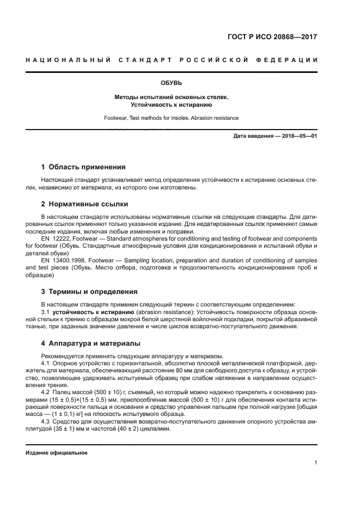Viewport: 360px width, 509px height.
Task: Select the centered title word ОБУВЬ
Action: pyautogui.click(x=171, y=83)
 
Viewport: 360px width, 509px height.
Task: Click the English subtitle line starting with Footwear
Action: pyautogui.click(x=171, y=118)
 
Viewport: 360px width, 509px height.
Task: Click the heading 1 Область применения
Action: pyautogui.click(x=83, y=167)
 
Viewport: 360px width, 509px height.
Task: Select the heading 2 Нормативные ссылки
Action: pyautogui.click(x=84, y=204)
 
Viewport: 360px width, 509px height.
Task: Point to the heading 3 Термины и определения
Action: pyautogui.click(x=89, y=291)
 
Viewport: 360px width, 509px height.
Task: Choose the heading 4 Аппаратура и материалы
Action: pyautogui.click(x=91, y=344)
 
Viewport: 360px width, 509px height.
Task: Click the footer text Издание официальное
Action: pyautogui.click(x=57, y=453)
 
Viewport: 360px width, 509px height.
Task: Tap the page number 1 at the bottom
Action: pyautogui.click(x=315, y=463)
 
